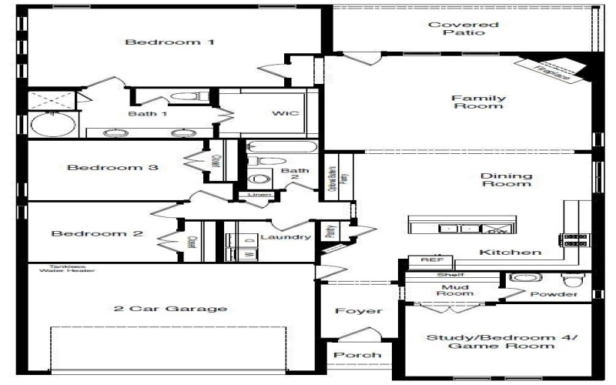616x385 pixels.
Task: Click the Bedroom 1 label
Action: pyautogui.click(x=169, y=42)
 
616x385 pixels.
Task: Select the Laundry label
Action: pyautogui.click(x=285, y=236)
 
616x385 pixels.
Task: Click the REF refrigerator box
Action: pyautogui.click(x=426, y=260)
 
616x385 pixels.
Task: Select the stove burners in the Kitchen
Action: pyautogui.click(x=575, y=239)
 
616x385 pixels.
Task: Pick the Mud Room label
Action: pyautogui.click(x=455, y=290)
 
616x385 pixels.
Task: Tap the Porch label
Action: pyautogui.click(x=358, y=355)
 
